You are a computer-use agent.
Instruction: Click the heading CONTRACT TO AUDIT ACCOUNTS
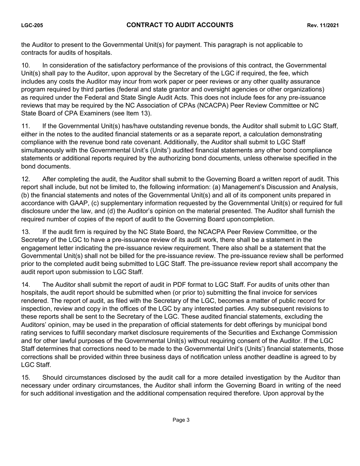click(180, 25)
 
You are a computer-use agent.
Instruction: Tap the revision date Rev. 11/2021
click(322, 25)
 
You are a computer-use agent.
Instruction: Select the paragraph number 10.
click(25, 65)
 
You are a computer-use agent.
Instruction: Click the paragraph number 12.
click(25, 179)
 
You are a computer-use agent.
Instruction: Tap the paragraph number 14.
click(25, 285)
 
